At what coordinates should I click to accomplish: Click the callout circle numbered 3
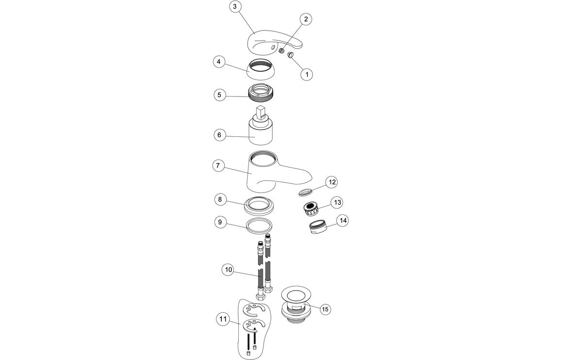(235, 7)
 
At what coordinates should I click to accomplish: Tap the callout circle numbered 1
(306, 74)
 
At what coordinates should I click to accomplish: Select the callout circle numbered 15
(325, 309)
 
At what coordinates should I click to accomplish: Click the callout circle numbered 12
(332, 182)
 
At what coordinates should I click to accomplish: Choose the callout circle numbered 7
(218, 166)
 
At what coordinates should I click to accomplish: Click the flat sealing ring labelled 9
(259, 225)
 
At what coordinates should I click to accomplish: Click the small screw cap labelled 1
(291, 56)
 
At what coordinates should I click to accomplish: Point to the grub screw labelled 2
(281, 51)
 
